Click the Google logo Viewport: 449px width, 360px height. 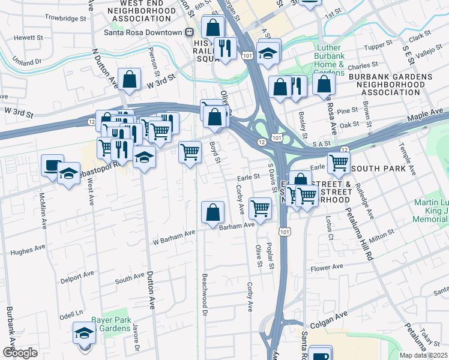pyautogui.click(x=20, y=353)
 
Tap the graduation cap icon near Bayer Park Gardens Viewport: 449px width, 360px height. pyautogui.click(x=84, y=333)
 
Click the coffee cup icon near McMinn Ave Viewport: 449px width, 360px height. pyautogui.click(x=52, y=165)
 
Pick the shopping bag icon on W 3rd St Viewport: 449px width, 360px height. pyautogui.click(x=130, y=79)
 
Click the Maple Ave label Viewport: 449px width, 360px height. pyautogui.click(x=428, y=112)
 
